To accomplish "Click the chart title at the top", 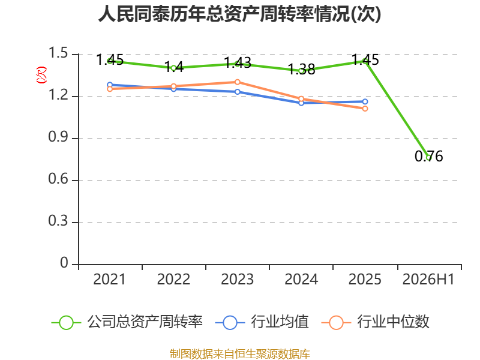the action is pos(239,14).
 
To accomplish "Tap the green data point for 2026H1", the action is pos(429,158).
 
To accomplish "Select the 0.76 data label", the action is pos(429,156).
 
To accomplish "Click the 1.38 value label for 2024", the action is pos(302,70).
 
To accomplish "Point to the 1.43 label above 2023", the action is pos(238,63).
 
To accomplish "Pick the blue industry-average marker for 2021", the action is pos(110,85).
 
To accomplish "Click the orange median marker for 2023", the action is pos(237,82).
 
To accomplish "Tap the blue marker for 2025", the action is pos(365,101).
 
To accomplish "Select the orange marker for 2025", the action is pos(365,109).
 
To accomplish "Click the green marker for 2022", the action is pos(173,68).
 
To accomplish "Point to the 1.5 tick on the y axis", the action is pos(58,53).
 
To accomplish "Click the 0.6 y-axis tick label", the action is pos(58,178).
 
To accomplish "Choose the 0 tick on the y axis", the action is pos(64,263).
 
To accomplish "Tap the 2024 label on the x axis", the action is pos(301,279).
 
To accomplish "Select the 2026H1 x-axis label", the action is pos(428,279).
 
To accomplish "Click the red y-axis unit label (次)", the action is pos(41,75).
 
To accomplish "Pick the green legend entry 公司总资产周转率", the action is pos(127,322).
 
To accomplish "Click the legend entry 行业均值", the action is pos(262,322).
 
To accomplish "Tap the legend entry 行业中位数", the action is pos(376,322).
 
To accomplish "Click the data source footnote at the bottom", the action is pos(240,354).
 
